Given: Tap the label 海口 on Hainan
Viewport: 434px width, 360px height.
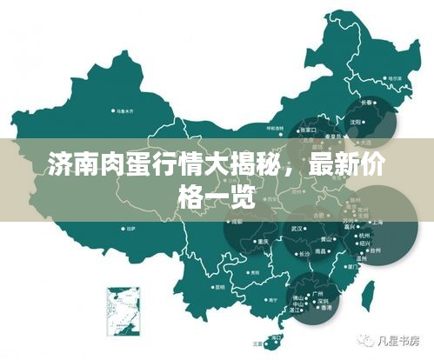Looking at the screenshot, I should coord(277,336).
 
